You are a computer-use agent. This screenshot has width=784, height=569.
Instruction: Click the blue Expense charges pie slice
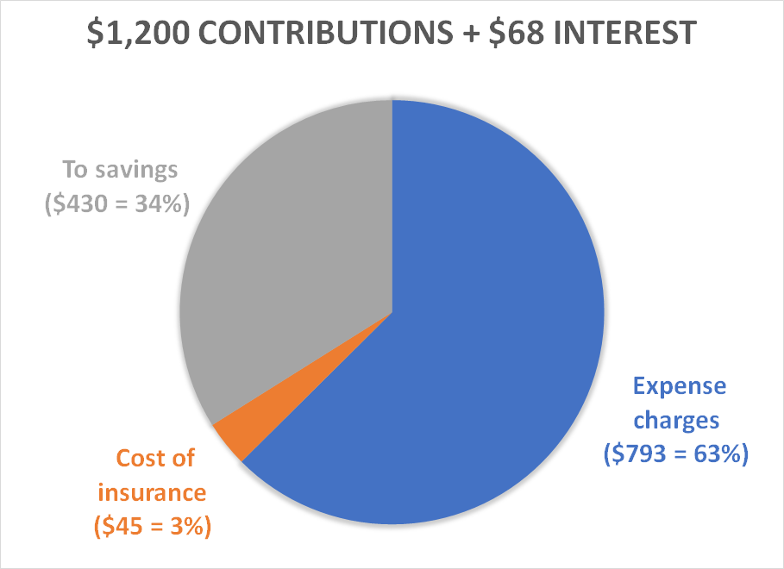coord(483,328)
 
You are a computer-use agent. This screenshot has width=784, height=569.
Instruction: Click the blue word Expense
coord(680,386)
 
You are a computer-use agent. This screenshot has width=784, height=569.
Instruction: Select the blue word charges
coord(680,421)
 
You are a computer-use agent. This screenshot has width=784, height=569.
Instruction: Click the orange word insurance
coord(152,492)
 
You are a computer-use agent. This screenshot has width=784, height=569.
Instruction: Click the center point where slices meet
coord(392,311)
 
